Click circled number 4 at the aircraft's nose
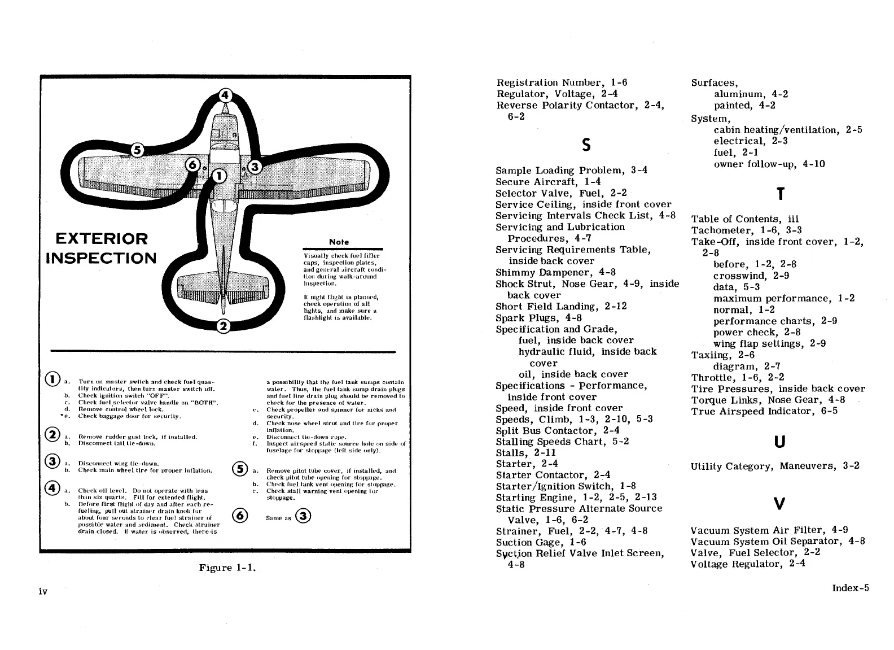coord(225,95)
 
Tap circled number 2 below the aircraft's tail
coord(224,326)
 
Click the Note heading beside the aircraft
coord(339,242)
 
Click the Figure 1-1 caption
coord(227,568)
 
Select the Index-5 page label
coord(851,588)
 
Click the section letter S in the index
coord(586,145)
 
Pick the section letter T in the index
coord(780,194)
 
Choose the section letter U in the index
coord(779,442)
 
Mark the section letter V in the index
coord(779,503)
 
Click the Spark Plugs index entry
coord(539,318)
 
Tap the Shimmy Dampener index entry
coord(555,272)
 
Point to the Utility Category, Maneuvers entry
coord(775,466)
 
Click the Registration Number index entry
coord(562,82)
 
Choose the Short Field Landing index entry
coord(561,307)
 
